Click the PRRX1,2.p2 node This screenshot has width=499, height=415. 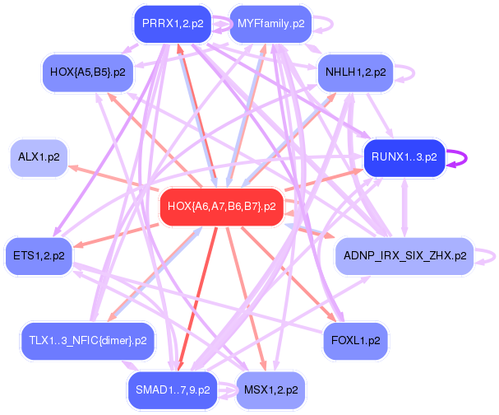coord(173,24)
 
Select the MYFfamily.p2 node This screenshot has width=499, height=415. coord(270,24)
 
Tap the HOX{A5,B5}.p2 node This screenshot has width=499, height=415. coord(87,72)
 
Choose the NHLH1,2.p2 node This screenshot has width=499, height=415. coord(355,72)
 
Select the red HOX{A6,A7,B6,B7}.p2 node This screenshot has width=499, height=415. coord(221,206)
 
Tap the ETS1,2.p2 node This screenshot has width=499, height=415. coord(39,255)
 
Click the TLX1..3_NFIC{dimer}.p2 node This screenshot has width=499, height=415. coord(87,339)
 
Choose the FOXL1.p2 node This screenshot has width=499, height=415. coord(355,339)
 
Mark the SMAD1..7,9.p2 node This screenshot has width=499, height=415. coord(173,389)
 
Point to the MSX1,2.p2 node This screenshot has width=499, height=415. coord(270,389)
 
